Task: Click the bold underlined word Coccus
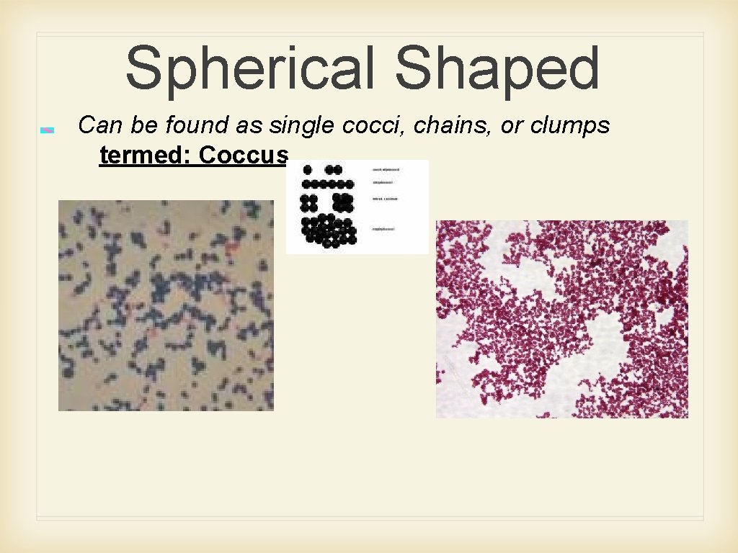[x=244, y=154]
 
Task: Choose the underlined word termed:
[x=146, y=154]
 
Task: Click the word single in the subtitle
[x=296, y=125]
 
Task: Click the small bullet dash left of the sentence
[x=47, y=130]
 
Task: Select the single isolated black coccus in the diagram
[x=308, y=170]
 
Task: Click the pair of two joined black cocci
[x=333, y=170]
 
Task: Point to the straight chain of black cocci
[x=329, y=184]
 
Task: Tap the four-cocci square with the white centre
[x=309, y=202]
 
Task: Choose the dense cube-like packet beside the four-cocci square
[x=342, y=202]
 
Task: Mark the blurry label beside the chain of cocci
[x=386, y=183]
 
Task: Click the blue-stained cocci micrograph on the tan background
[x=166, y=305]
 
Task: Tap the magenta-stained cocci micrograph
[x=561, y=318]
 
